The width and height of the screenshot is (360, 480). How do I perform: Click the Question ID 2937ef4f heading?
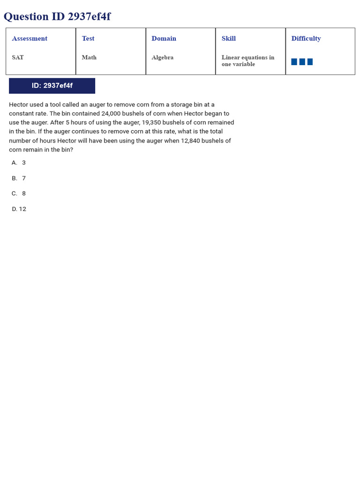click(x=57, y=17)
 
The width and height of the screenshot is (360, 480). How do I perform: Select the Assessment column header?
click(x=30, y=38)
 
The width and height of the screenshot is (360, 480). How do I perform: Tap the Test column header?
click(x=88, y=38)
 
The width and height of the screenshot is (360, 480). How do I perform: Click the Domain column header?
click(x=164, y=38)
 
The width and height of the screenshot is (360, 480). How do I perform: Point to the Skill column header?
click(x=229, y=38)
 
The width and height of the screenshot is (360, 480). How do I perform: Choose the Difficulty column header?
click(x=306, y=38)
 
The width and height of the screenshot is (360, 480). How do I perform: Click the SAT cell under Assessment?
click(x=18, y=57)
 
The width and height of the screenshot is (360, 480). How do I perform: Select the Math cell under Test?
click(x=89, y=57)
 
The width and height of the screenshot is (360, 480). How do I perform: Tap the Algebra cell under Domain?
click(x=162, y=57)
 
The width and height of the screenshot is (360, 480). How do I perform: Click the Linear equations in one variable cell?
click(x=247, y=60)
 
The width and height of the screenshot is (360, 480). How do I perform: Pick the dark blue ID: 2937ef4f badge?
click(x=52, y=86)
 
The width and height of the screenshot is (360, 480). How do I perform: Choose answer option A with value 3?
click(x=19, y=163)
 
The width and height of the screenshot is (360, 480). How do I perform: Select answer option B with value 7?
click(x=19, y=178)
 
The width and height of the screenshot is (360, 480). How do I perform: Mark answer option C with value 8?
click(x=19, y=193)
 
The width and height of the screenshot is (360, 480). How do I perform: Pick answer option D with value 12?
click(x=19, y=209)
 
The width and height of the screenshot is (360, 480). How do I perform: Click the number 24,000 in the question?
click(x=112, y=113)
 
